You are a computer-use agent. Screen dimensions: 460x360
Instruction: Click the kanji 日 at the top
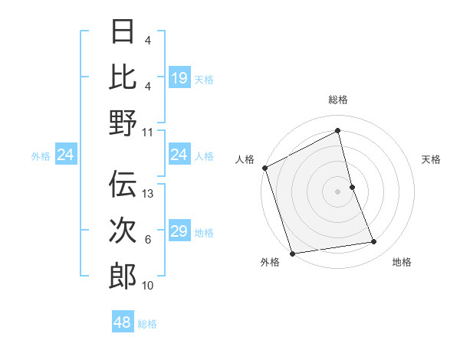[123, 32]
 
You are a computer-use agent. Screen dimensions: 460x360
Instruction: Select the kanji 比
[123, 77]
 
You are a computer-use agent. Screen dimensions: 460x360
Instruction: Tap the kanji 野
[123, 123]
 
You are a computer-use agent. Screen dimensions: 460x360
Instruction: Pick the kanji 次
[123, 231]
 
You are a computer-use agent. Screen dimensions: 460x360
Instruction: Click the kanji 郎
[123, 277]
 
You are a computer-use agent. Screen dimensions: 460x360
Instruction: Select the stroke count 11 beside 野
[148, 132]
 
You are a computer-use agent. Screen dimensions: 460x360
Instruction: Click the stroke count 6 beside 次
[148, 240]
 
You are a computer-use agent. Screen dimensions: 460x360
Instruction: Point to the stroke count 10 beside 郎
[148, 286]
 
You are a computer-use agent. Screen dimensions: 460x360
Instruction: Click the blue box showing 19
[179, 77]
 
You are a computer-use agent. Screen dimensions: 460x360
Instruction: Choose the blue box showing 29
[179, 231]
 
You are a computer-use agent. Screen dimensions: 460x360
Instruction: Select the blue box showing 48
[122, 322]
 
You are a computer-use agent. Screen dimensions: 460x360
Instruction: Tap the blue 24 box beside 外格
[65, 155]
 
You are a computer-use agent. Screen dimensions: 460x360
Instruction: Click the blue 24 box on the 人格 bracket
[179, 155]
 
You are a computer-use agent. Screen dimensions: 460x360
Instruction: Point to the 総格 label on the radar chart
[337, 100]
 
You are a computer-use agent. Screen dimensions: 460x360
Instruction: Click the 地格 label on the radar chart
[402, 262]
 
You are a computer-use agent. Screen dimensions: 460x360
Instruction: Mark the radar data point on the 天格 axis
[352, 187]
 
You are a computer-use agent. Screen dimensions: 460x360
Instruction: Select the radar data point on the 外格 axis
[292, 254]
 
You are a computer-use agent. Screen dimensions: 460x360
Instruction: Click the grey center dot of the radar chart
[337, 191]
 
